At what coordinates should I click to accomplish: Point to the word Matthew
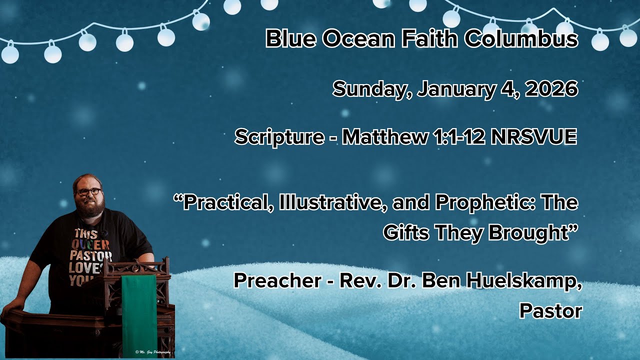(x=384, y=136)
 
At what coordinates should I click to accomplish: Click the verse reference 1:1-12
(x=458, y=136)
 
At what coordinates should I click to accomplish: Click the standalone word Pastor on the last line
(x=551, y=311)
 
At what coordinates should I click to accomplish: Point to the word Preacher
(x=277, y=280)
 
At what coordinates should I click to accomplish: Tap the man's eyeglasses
(x=88, y=191)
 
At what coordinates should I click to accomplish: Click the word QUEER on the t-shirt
(x=90, y=245)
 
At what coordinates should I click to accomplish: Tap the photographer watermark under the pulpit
(x=153, y=352)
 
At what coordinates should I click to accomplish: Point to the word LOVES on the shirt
(x=85, y=268)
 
